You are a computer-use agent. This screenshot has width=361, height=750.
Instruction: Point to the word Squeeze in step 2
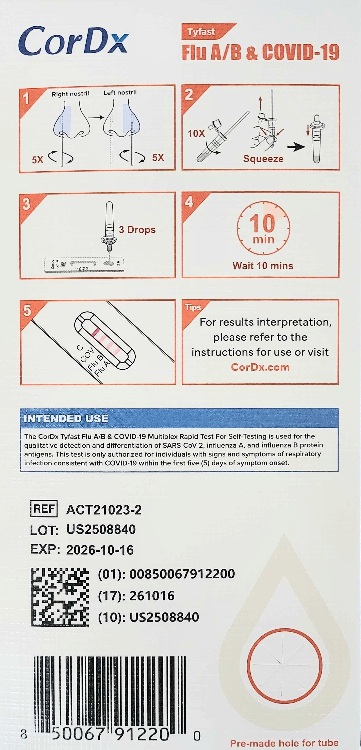263,159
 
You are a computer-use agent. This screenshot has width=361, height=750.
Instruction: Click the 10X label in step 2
196,133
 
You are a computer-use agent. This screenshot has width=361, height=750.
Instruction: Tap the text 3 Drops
137,230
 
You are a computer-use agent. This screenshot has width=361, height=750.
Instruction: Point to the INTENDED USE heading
66,418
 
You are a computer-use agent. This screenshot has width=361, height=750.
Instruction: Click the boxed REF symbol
44,509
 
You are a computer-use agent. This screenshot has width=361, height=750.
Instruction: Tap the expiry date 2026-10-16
100,550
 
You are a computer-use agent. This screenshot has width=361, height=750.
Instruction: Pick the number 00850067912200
182,574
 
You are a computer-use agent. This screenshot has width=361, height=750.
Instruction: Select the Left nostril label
120,93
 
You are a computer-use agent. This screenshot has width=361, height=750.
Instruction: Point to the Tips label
193,307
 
